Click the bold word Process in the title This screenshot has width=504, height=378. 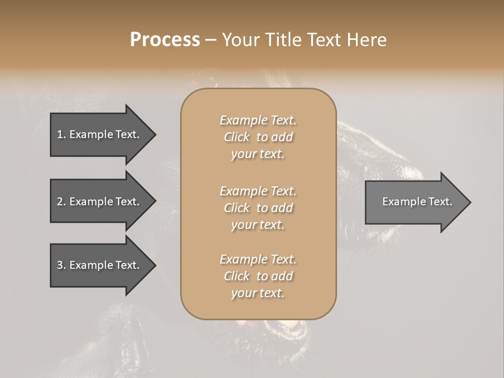tap(165, 40)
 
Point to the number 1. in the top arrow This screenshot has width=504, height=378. tap(61, 134)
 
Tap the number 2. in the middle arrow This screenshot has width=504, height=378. tap(61, 202)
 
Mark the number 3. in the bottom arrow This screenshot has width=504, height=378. tap(61, 265)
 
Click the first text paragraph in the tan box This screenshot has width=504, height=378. tap(258, 137)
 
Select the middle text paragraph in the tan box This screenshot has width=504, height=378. tap(258, 208)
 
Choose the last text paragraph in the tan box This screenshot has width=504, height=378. tap(258, 276)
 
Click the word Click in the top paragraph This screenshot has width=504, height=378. tap(237, 137)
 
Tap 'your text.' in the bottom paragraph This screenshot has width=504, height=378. tap(258, 293)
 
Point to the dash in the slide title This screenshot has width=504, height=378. tap(211, 40)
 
